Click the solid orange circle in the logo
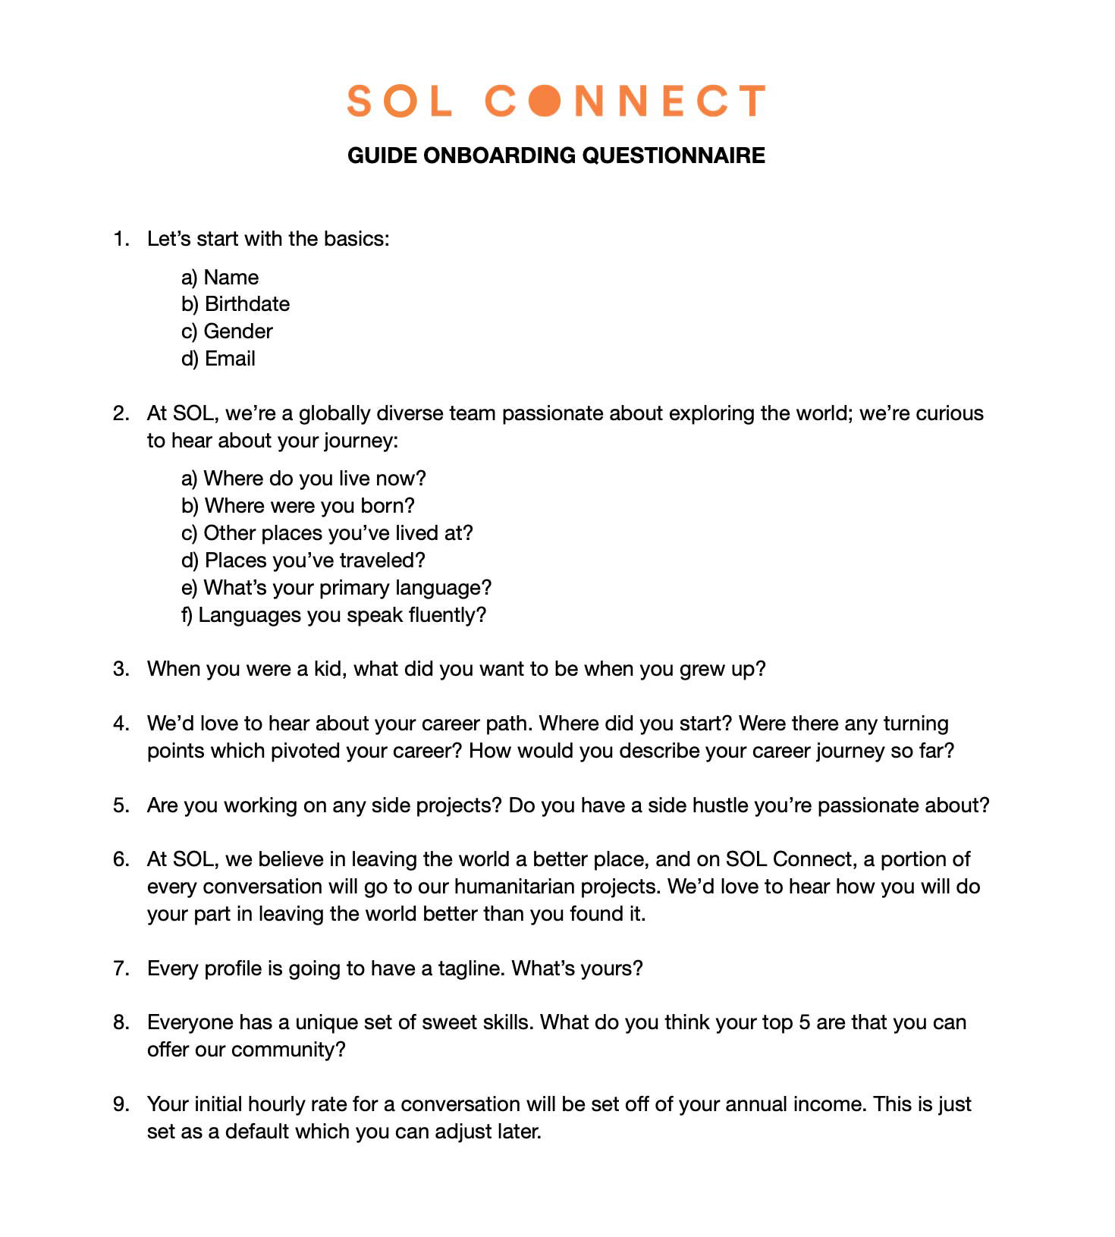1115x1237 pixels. (545, 101)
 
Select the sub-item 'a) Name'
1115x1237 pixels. (220, 278)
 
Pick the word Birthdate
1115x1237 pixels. (247, 304)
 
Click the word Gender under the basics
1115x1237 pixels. (238, 331)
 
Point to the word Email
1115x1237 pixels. (230, 359)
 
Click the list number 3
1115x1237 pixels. (121, 669)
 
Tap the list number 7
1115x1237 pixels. (121, 969)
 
